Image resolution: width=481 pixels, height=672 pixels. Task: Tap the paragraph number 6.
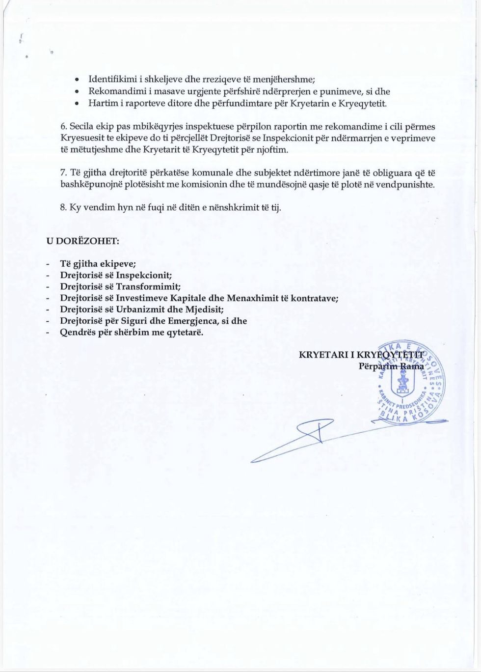63,127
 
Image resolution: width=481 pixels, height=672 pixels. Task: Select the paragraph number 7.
63,173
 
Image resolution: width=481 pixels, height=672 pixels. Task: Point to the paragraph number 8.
63,207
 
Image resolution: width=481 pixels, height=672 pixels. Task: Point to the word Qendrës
77,333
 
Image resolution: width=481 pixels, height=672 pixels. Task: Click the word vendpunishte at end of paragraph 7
407,185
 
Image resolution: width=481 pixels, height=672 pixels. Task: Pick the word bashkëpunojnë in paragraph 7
88,185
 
